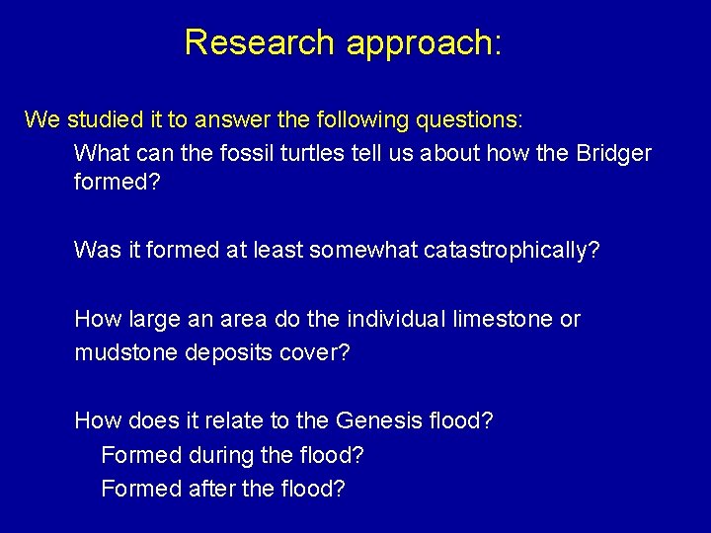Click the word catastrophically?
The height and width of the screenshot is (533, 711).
(512, 251)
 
